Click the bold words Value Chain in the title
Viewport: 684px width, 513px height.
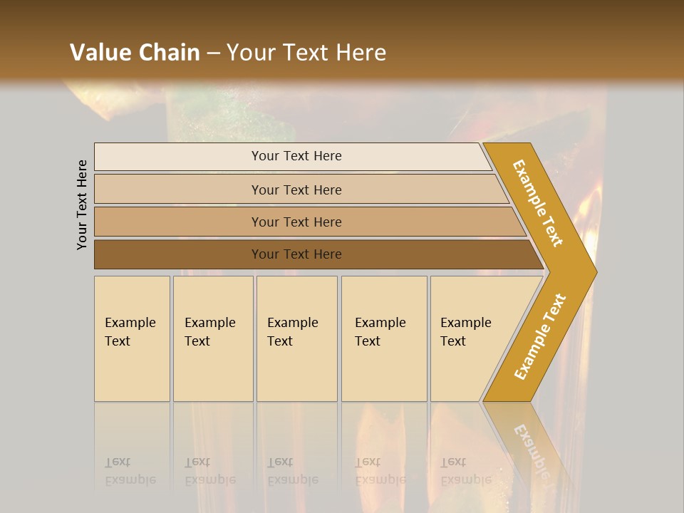[x=135, y=52]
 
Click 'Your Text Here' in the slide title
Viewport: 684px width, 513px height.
[x=306, y=52]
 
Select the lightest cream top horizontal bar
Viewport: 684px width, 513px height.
[x=178, y=157]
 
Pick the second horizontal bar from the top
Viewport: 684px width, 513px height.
[x=178, y=190]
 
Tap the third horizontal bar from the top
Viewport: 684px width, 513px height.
[x=178, y=222]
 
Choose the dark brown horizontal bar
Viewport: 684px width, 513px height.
[x=178, y=254]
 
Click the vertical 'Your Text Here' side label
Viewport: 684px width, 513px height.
[x=82, y=204]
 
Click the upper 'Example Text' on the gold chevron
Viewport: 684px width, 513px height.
[x=538, y=203]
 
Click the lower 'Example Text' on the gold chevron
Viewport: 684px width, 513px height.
[x=540, y=336]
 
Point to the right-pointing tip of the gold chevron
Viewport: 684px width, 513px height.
[x=593, y=271]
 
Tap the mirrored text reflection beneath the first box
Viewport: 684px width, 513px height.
[x=130, y=471]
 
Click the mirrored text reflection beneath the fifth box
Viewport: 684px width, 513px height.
[x=466, y=471]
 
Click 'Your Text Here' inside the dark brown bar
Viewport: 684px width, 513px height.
[x=296, y=254]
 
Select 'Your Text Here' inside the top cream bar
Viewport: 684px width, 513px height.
[x=296, y=156]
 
